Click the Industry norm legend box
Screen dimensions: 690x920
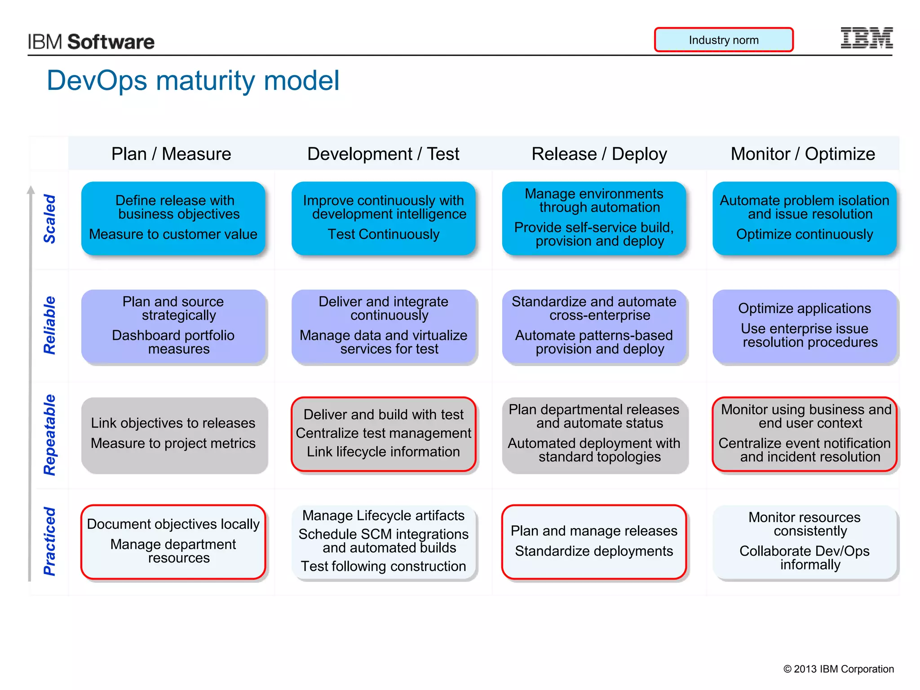[x=723, y=40]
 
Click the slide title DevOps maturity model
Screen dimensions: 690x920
[x=193, y=80]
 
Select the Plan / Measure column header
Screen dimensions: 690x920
[x=171, y=154]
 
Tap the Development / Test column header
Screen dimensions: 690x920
[x=383, y=154]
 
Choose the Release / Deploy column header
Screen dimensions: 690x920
[x=599, y=154]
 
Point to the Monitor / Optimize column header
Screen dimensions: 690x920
[x=802, y=154]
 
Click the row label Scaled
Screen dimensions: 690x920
[x=49, y=219]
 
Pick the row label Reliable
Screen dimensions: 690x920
[x=49, y=325]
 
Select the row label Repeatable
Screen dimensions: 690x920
[x=49, y=435]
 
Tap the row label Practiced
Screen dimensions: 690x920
[x=49, y=541]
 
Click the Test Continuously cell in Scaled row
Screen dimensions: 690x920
[x=383, y=219]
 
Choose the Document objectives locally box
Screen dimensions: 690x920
[x=173, y=541]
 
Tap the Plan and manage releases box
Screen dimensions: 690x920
[x=594, y=541]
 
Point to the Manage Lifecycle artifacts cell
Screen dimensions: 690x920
[x=383, y=541]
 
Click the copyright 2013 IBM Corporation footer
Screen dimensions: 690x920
[x=838, y=669]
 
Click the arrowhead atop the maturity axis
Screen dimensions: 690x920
[x=31, y=190]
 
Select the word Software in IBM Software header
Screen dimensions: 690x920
[x=111, y=42]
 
